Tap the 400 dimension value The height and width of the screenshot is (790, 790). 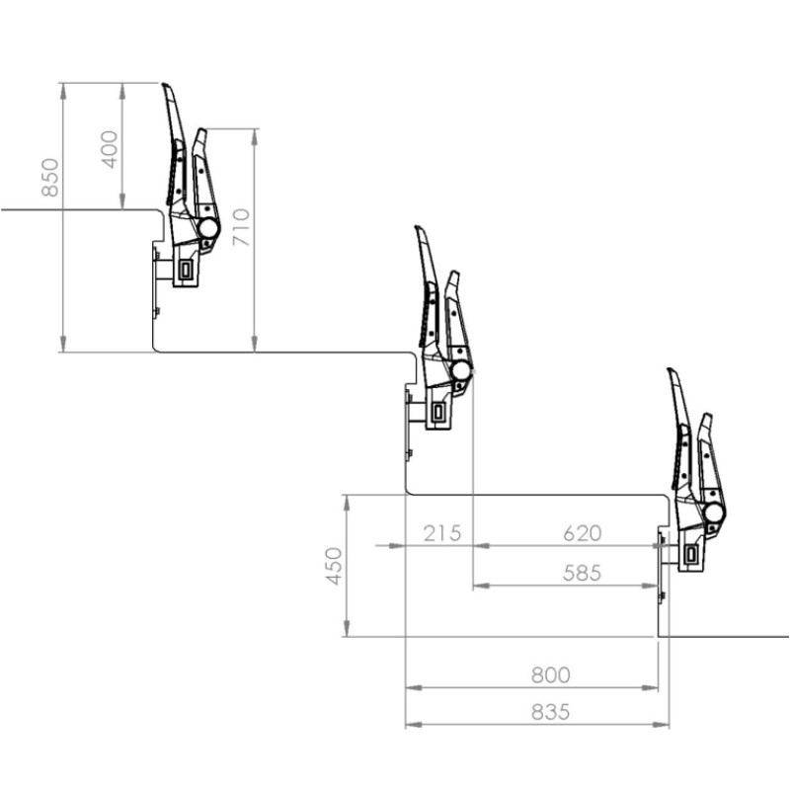click(x=110, y=149)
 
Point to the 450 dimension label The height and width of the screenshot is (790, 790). click(x=336, y=566)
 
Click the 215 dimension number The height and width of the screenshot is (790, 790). click(x=441, y=534)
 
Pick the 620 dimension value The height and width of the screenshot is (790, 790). click(x=582, y=534)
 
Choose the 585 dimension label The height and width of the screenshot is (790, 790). click(x=582, y=573)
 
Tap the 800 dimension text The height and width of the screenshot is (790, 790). click(x=550, y=675)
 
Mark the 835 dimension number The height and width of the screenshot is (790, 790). click(x=550, y=712)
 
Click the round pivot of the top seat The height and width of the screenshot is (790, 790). click(x=208, y=228)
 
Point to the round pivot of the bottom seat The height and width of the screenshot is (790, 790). click(x=713, y=513)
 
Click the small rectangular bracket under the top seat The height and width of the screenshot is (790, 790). click(x=185, y=270)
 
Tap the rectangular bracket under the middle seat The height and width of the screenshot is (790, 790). click(x=437, y=412)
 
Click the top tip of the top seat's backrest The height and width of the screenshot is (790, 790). click(x=166, y=86)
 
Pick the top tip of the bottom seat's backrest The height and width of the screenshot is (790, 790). click(x=671, y=371)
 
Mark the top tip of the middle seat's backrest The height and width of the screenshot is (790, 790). click(x=418, y=228)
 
